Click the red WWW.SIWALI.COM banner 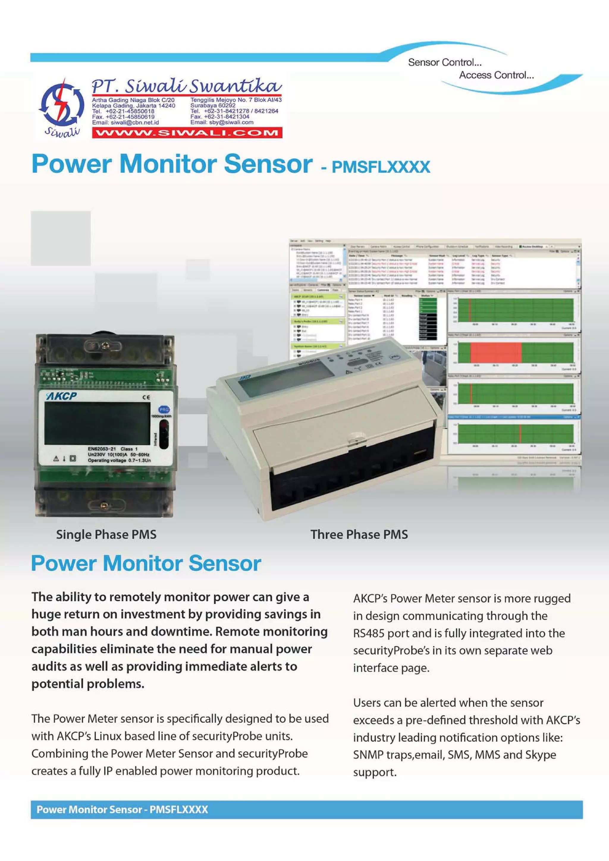pyautogui.click(x=187, y=133)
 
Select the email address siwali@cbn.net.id pyautogui.click(x=135, y=122)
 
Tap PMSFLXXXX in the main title pyautogui.click(x=381, y=167)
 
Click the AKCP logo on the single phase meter pyautogui.click(x=61, y=396)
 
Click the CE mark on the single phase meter pyautogui.click(x=146, y=397)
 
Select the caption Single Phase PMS pyautogui.click(x=106, y=534)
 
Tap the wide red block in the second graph pyautogui.click(x=495, y=352)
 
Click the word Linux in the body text pyautogui.click(x=107, y=736)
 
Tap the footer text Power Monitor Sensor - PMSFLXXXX pyautogui.click(x=122, y=810)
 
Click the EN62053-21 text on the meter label pyautogui.click(x=102, y=448)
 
